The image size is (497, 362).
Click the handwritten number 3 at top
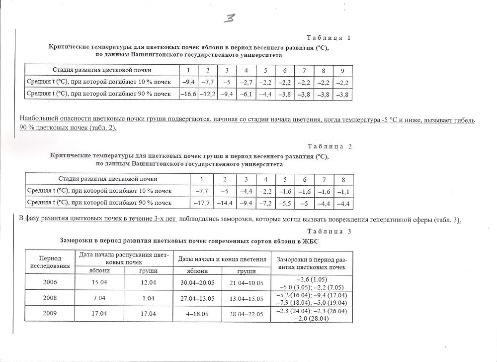tap(230, 18)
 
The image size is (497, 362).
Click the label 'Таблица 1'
tap(329, 38)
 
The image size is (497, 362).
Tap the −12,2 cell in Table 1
tap(208, 94)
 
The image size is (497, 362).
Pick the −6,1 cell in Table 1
tap(246, 94)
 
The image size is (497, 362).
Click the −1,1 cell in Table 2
tap(343, 191)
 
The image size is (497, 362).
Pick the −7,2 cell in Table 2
tap(266, 203)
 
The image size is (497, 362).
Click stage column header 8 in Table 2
tap(343, 179)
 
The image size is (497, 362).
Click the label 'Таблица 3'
tap(329, 231)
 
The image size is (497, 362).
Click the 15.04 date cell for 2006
tap(99, 282)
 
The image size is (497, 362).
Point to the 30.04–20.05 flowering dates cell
tap(197, 282)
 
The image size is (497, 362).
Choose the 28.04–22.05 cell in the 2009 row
tap(246, 314)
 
